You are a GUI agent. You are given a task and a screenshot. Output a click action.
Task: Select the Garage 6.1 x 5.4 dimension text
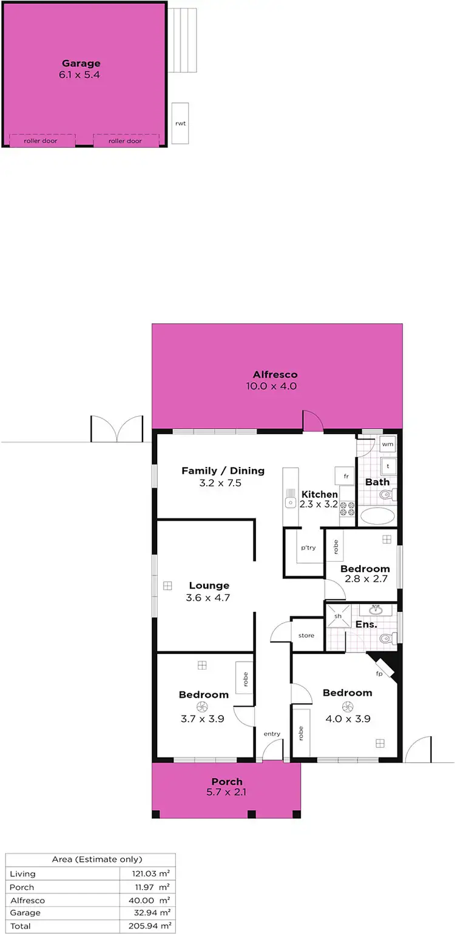(81, 75)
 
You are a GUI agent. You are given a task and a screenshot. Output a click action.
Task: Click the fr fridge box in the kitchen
(346, 476)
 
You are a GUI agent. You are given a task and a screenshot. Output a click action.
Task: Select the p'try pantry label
(308, 548)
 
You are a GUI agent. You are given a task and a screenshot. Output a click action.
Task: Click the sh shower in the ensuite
(339, 616)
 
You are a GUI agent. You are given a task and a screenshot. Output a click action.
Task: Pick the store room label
(306, 636)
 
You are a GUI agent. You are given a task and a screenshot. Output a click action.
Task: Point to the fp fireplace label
(379, 674)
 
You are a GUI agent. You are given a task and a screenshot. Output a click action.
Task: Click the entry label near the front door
(272, 734)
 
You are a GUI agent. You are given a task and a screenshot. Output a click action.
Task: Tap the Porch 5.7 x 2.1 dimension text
(226, 791)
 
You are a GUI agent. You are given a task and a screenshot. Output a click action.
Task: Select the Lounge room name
(209, 585)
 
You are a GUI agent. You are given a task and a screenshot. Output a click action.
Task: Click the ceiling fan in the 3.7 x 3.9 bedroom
(203, 706)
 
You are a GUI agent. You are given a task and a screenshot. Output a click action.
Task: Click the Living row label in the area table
(23, 873)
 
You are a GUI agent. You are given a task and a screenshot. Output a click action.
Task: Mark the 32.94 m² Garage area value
(154, 913)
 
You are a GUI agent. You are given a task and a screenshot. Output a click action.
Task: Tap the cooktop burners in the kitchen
(347, 508)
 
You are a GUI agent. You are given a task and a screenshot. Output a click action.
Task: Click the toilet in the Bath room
(386, 495)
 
